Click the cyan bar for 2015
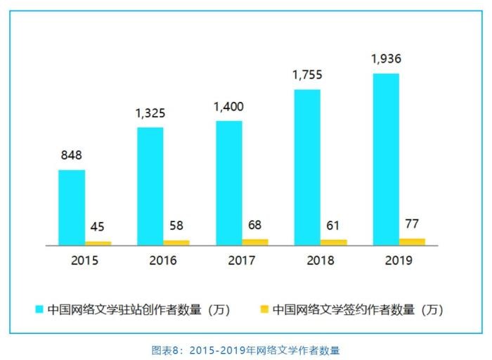[72, 207]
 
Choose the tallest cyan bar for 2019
[386, 159]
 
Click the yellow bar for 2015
[98, 243]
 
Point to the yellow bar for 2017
[255, 242]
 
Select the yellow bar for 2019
[413, 242]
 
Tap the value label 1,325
[150, 112]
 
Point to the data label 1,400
[229, 107]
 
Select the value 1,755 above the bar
[307, 75]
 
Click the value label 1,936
[386, 58]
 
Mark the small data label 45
[98, 227]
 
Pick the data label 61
[334, 225]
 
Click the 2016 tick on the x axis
[163, 261]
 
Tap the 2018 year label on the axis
[321, 261]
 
